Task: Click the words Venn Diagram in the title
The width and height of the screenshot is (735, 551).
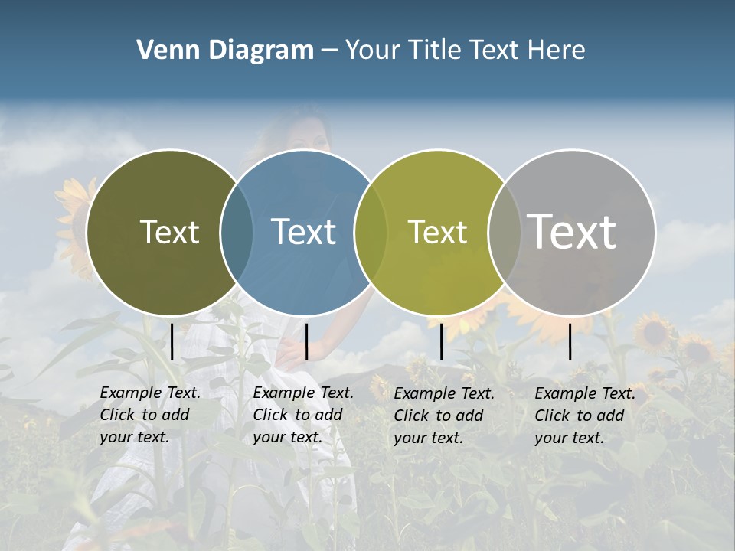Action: click(x=225, y=51)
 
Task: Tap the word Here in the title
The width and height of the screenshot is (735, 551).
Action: click(x=557, y=51)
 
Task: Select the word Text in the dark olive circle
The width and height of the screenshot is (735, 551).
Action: click(x=169, y=232)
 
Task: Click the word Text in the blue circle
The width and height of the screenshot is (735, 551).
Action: click(x=304, y=232)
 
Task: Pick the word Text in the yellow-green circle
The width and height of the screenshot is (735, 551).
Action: click(x=437, y=232)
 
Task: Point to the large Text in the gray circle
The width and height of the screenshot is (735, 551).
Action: click(x=572, y=232)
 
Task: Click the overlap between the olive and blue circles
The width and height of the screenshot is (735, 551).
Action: click(x=237, y=232)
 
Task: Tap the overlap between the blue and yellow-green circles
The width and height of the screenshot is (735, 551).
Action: click(x=369, y=232)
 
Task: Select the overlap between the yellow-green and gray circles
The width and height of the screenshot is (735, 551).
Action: click(x=502, y=232)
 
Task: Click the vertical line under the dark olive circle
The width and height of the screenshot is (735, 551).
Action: click(x=172, y=341)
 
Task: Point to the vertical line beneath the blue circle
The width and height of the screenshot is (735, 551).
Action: click(x=306, y=341)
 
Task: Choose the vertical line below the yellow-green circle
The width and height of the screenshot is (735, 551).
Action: click(x=442, y=341)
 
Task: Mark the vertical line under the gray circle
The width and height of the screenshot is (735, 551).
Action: click(x=570, y=341)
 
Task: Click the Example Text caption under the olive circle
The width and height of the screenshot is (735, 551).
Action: click(x=149, y=415)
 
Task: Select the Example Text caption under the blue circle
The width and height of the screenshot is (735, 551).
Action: click(x=302, y=415)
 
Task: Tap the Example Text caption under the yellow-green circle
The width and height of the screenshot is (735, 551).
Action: click(x=443, y=416)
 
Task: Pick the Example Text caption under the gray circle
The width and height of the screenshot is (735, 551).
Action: click(x=584, y=416)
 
